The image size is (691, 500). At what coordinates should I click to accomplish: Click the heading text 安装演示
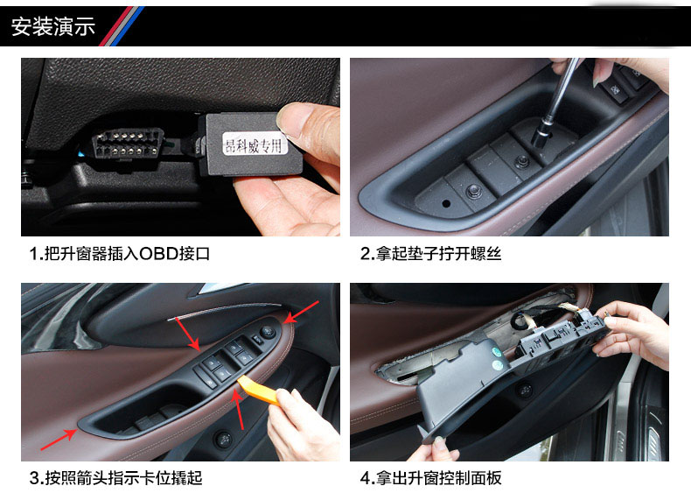click(x=52, y=26)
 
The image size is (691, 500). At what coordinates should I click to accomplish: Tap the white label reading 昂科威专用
click(x=255, y=144)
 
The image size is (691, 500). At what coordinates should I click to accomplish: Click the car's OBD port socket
click(x=128, y=144)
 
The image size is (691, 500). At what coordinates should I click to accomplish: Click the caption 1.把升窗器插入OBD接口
click(x=120, y=254)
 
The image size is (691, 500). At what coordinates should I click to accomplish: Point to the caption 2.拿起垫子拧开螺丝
click(x=430, y=254)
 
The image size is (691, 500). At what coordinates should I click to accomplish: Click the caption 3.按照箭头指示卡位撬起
click(x=116, y=478)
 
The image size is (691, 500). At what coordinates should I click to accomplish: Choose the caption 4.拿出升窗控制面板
click(x=430, y=478)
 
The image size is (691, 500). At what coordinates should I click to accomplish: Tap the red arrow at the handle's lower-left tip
click(x=59, y=440)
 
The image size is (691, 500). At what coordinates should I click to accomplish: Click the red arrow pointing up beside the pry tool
click(x=239, y=409)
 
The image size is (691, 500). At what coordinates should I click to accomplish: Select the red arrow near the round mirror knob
click(x=302, y=312)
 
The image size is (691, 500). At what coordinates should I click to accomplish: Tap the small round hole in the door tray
click(x=446, y=203)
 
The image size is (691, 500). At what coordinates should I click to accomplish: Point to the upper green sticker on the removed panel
click(x=495, y=352)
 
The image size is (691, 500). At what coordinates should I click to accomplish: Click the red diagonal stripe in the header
click(x=115, y=26)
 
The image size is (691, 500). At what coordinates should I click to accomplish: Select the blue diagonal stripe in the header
click(x=129, y=26)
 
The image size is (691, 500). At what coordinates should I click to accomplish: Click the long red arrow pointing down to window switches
click(x=188, y=334)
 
